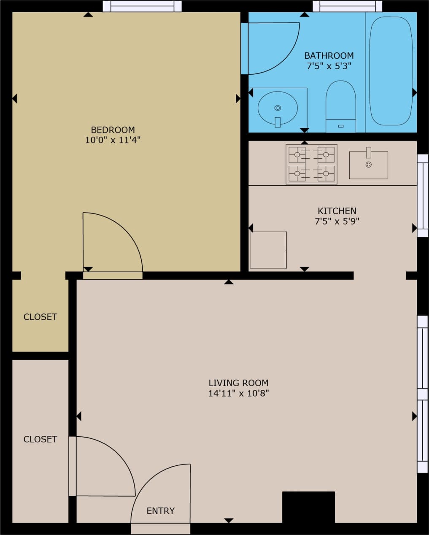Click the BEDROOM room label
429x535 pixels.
click(113, 130)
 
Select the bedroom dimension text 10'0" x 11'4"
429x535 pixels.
click(113, 140)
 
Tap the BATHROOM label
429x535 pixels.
click(329, 56)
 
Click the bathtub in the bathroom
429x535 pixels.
click(391, 71)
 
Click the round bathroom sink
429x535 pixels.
click(278, 108)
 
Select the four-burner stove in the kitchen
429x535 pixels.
click(311, 164)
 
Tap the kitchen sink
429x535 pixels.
click(368, 165)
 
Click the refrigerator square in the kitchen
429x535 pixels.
click(268, 250)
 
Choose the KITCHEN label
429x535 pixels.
click(337, 211)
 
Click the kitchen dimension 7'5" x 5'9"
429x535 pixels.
click(337, 221)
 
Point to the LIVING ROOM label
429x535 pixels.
click(238, 383)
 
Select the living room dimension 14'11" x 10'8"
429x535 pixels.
click(238, 393)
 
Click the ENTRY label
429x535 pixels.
click(160, 511)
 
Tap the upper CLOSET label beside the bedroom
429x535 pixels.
click(40, 317)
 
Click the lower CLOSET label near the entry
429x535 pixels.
click(40, 439)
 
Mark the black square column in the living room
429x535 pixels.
click(308, 507)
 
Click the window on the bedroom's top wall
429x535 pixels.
click(142, 6)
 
